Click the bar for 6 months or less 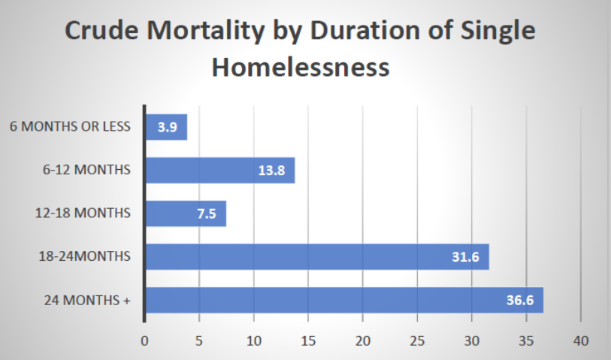point(166,127)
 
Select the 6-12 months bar point(220,171)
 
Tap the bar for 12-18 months point(186,213)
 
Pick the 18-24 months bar point(318,257)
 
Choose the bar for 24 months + point(345,300)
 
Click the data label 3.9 point(168,127)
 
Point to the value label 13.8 point(271,171)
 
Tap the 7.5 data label point(207,213)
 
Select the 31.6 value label point(466,257)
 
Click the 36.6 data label point(520,300)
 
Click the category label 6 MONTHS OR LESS point(70,126)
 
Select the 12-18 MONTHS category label point(83,213)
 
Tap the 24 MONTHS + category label point(87,301)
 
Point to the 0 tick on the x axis point(144,341)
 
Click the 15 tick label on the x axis point(308,341)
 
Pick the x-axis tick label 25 point(417,341)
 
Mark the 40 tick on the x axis point(581,341)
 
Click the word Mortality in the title point(206,31)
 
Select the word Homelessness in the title point(301,67)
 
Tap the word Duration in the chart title point(364,30)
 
